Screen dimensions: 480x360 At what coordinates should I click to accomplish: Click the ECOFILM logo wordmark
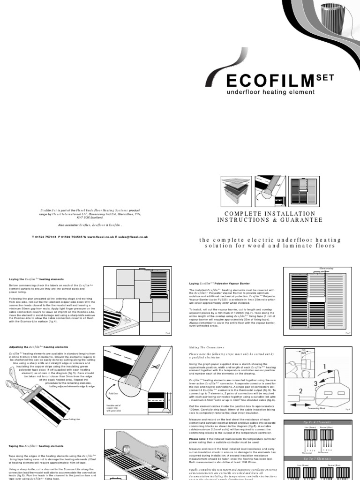tap(270, 81)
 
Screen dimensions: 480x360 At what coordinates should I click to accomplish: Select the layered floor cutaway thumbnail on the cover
tap(236, 192)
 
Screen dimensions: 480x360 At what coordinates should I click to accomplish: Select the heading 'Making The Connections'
tap(204, 347)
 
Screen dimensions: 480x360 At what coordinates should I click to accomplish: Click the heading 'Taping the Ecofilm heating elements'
tap(36, 446)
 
